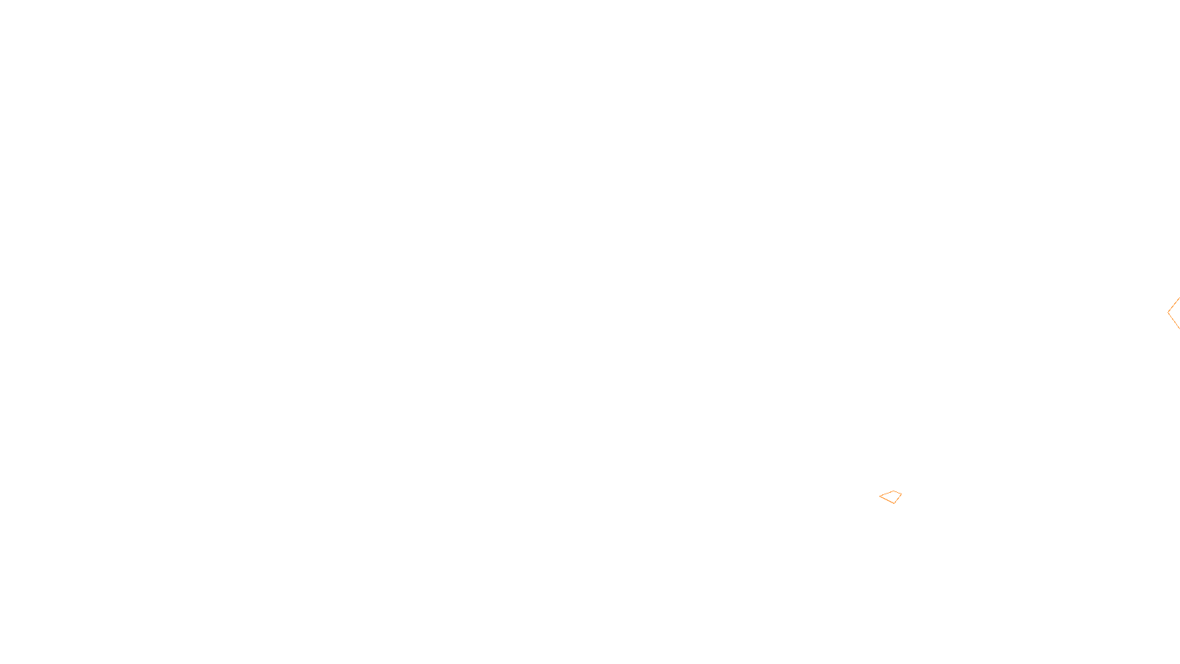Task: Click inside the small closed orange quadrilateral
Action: click(x=892, y=497)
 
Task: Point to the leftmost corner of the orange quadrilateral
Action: click(x=880, y=497)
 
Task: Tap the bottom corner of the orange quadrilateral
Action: click(x=895, y=503)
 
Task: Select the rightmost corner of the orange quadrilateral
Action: click(x=901, y=494)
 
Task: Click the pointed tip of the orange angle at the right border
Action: click(x=1168, y=312)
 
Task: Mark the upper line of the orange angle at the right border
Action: click(x=1174, y=304)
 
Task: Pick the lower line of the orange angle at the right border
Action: click(x=1174, y=321)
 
